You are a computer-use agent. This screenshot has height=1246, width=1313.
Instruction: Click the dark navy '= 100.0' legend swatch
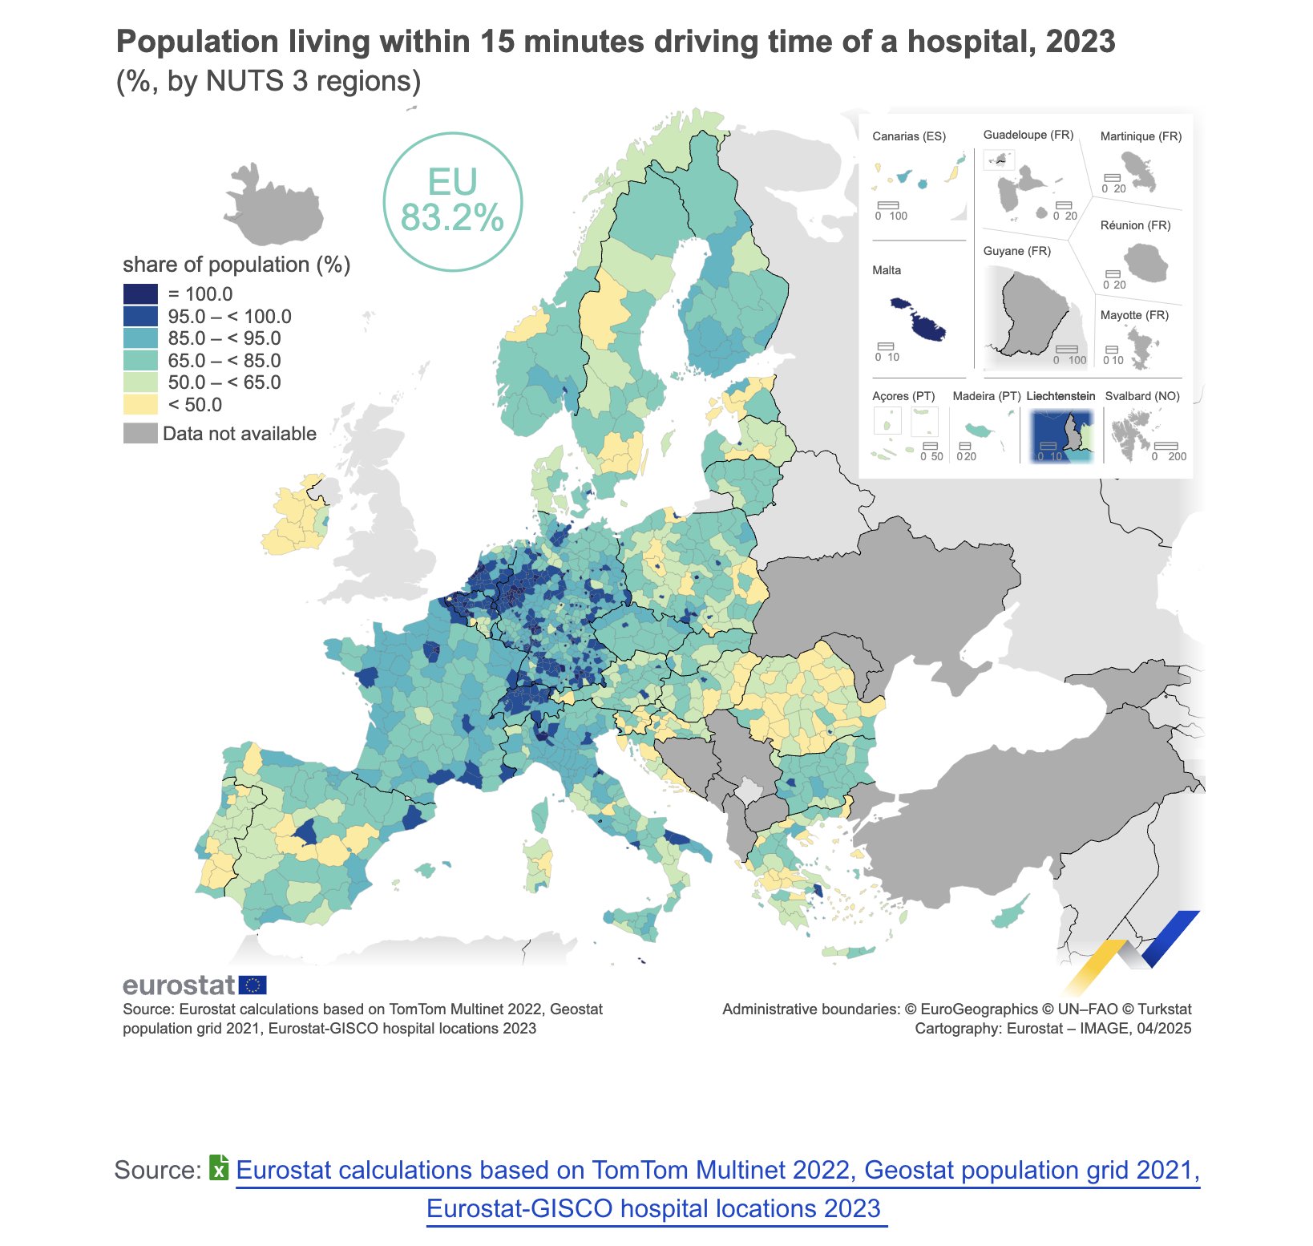[x=140, y=294]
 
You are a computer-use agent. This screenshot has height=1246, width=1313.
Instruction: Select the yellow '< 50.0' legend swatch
[x=140, y=404]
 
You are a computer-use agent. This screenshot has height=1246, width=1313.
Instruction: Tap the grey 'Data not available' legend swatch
[x=140, y=434]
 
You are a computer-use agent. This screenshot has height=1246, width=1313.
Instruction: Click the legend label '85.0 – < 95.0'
[x=224, y=338]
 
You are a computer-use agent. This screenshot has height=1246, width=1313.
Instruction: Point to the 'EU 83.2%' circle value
[x=453, y=200]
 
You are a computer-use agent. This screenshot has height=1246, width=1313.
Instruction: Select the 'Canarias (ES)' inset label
[x=909, y=136]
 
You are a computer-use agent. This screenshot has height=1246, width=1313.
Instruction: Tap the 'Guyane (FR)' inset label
[x=1016, y=251]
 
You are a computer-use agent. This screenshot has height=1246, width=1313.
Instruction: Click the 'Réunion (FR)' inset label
[x=1135, y=225]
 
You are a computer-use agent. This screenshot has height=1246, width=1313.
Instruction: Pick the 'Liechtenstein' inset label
[x=1060, y=396]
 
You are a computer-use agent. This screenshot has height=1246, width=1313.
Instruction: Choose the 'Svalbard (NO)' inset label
[x=1142, y=396]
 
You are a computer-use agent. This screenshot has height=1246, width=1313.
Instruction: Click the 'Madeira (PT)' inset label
[x=987, y=396]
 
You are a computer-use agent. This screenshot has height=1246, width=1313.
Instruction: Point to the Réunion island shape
[x=1147, y=262]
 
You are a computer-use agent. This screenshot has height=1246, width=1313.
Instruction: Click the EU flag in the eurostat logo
[x=253, y=985]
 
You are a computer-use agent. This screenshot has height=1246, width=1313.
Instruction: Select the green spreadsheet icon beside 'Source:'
[x=219, y=1167]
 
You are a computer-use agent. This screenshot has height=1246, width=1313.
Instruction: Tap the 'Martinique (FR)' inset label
[x=1141, y=136]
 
